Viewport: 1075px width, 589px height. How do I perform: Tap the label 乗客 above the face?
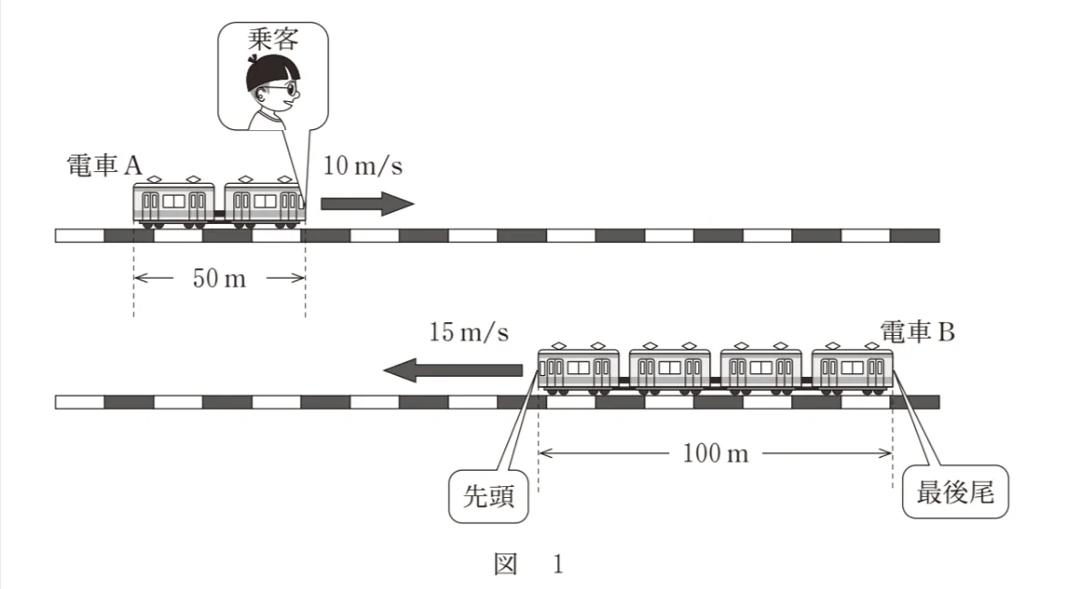tap(273, 39)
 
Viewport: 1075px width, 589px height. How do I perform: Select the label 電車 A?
tap(106, 166)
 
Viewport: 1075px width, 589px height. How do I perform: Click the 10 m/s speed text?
tap(363, 167)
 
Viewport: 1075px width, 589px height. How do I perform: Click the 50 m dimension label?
tap(218, 278)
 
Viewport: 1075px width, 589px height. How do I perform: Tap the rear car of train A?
tap(174, 204)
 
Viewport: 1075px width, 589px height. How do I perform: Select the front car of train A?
tap(264, 204)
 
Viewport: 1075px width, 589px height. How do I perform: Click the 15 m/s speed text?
tap(469, 332)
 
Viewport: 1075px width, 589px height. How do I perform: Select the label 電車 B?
tap(918, 332)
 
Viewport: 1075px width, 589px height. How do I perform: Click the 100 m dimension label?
tap(715, 452)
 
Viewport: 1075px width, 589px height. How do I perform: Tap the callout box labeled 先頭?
tap(489, 496)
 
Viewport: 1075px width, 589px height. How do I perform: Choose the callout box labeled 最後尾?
tap(955, 493)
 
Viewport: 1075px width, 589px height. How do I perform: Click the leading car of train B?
tap(579, 370)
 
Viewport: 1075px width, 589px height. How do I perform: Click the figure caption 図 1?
tap(528, 564)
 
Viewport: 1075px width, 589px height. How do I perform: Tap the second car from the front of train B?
tap(670, 370)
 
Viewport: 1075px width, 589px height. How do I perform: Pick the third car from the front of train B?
tap(761, 370)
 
